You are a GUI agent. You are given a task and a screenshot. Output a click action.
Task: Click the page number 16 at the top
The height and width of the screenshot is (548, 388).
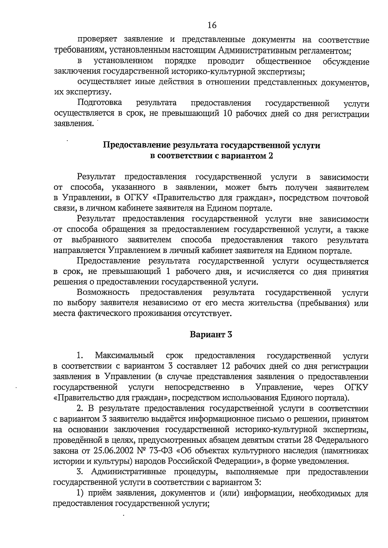tap(212, 25)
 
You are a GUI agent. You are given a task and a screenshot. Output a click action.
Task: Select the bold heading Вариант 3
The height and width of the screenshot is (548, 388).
tap(211, 334)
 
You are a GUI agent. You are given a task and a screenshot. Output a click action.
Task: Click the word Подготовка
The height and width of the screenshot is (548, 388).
tap(100, 103)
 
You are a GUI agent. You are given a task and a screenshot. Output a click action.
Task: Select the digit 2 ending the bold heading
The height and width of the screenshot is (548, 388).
tap(271, 156)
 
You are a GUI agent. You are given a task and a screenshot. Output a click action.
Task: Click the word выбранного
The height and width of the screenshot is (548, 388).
tap(94, 240)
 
